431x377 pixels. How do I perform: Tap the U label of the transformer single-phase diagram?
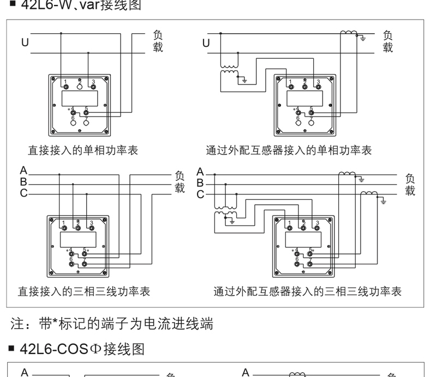(x=206, y=42)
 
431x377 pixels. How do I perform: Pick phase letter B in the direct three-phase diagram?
(x=23, y=182)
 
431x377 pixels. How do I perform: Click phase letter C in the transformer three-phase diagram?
(x=201, y=193)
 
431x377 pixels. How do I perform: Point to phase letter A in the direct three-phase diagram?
(x=23, y=172)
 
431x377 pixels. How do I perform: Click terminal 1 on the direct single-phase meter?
(x=66, y=87)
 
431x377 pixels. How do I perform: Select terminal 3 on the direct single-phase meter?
(x=93, y=87)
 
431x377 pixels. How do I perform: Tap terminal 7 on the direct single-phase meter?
(x=86, y=123)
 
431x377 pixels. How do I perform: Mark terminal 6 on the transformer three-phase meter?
(x=297, y=264)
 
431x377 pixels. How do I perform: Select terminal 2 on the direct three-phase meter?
(x=78, y=228)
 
